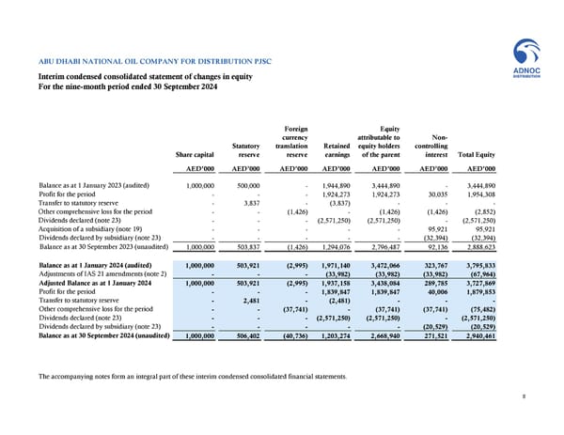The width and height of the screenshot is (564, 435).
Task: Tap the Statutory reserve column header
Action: [x=244, y=149]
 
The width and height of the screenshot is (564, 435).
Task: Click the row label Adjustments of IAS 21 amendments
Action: [x=102, y=273]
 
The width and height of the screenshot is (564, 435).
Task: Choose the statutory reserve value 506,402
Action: [x=249, y=335]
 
